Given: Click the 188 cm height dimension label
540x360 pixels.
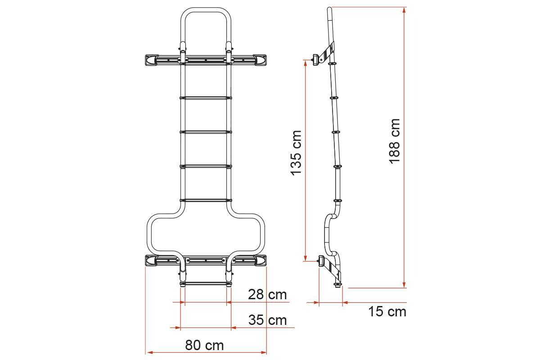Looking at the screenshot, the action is [394, 141].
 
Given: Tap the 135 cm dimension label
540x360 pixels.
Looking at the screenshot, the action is [296, 153].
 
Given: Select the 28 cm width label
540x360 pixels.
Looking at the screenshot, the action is [267, 294].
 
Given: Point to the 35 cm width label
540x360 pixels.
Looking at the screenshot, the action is [268, 320].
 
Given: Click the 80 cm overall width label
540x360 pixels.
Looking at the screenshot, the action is [204, 345].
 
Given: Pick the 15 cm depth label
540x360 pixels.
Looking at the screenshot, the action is [387, 311].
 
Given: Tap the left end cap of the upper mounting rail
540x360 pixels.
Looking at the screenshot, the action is [151, 60].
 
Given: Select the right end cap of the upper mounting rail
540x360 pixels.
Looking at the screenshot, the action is [261, 60].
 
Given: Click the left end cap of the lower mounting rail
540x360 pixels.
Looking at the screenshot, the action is [151, 261].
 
